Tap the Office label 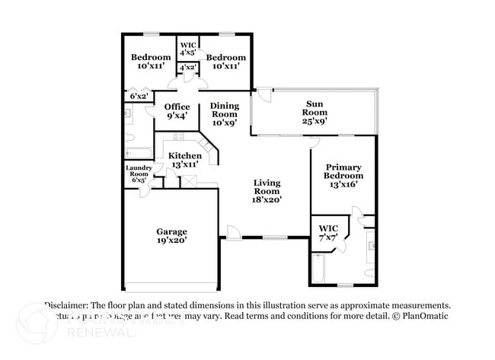click(177, 107)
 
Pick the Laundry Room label click(139, 170)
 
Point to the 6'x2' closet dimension click(139, 97)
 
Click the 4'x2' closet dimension click(189, 68)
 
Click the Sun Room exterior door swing click(263, 95)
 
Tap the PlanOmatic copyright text click(419, 316)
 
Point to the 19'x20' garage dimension click(172, 241)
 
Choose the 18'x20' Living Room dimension click(268, 199)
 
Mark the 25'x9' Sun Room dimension click(315, 119)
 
